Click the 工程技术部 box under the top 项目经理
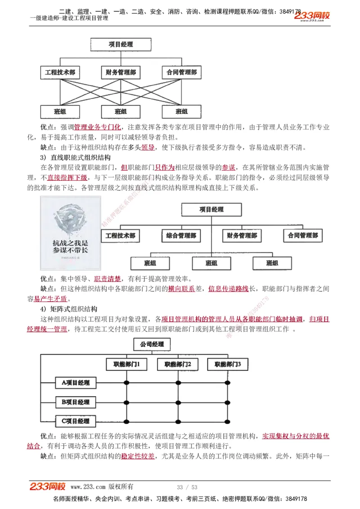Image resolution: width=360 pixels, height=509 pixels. click(60, 72)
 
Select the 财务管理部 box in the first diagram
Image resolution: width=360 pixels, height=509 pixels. click(121, 72)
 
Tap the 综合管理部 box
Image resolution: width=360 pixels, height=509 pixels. click(181, 235)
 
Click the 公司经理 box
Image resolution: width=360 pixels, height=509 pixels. click(152, 345)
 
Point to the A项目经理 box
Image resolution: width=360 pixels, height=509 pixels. click(75, 383)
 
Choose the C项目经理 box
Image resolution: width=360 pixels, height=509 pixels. click(75, 421)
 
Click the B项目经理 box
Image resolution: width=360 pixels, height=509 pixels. click(75, 402)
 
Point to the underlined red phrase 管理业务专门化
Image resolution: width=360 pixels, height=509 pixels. click(98, 127)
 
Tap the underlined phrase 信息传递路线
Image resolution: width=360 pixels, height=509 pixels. click(228, 289)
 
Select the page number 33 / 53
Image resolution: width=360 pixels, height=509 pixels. click(187, 487)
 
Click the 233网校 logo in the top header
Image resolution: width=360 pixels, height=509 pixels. click(312, 16)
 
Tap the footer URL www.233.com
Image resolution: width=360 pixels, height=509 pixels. click(88, 487)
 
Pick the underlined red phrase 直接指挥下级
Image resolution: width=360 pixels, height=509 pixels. click(67, 178)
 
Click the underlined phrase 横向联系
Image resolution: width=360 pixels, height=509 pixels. click(181, 289)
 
